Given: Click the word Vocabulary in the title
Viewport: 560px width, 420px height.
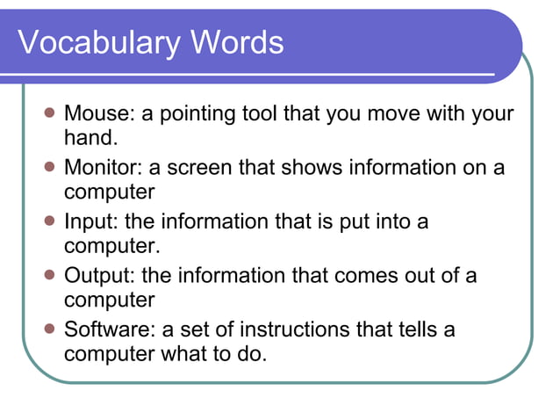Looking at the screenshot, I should (x=100, y=43).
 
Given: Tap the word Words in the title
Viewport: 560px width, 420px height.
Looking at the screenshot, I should (x=236, y=42).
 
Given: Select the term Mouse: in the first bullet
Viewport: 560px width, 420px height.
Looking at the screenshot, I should (x=97, y=114).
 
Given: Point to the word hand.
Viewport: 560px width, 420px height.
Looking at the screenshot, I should (x=90, y=137).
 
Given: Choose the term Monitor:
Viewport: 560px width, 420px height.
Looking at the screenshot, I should (x=102, y=168).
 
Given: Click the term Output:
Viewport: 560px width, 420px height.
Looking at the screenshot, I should (x=99, y=276).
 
